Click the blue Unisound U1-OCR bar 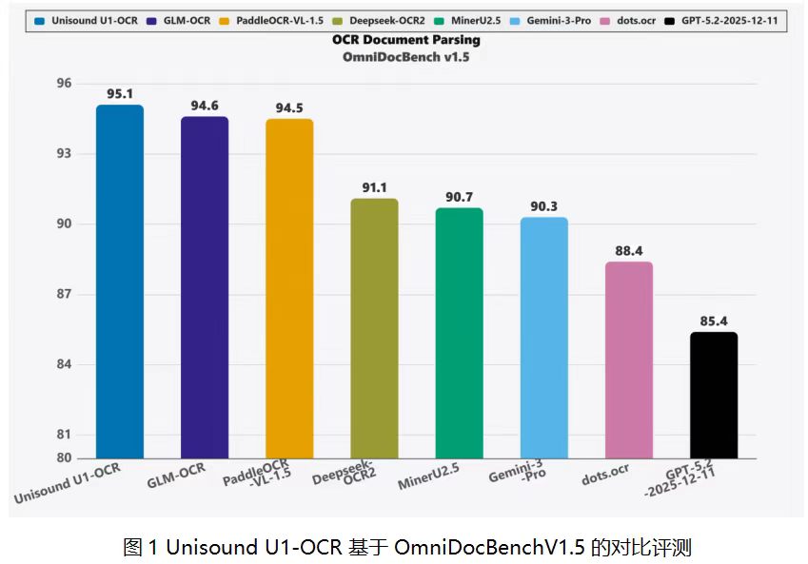point(120,282)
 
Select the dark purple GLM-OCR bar point(205,287)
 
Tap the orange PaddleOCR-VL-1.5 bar point(289,288)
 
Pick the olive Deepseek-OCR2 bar point(374,328)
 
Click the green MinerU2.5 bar point(459,333)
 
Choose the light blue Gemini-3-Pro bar point(543,338)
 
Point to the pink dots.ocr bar point(629,360)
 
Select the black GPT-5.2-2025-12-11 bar point(714,395)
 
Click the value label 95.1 point(120,94)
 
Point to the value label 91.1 point(374,187)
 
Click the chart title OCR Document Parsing point(406,40)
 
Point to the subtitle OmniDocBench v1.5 point(406,57)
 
